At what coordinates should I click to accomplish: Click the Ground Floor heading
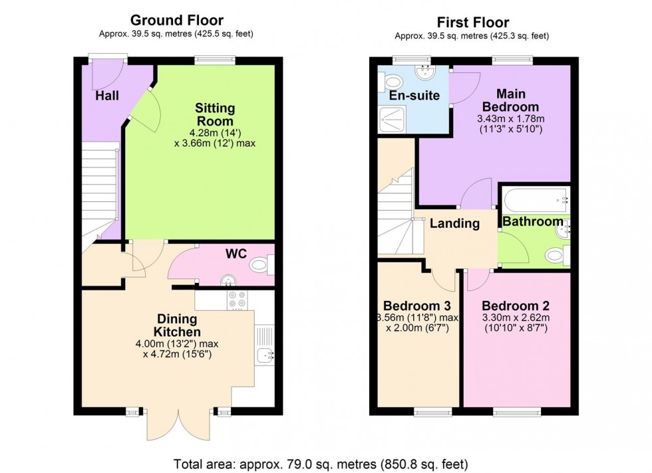176,21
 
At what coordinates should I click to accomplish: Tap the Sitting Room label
214,114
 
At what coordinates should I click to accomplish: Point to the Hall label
107,96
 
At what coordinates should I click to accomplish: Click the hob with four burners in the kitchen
236,300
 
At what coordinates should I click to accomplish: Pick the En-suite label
414,96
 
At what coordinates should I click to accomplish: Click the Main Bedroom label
511,100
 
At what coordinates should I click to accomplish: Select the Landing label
454,223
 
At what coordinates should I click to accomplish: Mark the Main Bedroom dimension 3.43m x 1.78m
511,119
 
